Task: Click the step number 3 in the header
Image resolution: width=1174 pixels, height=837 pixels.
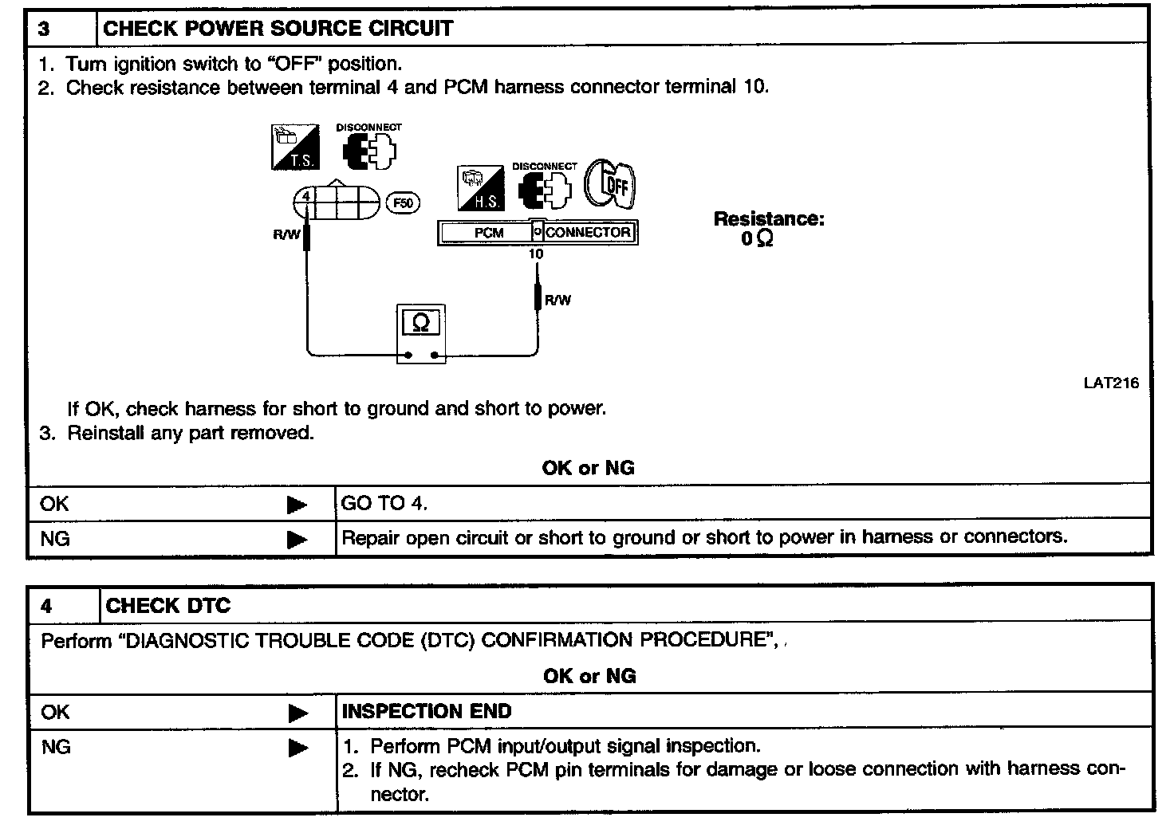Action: (45, 29)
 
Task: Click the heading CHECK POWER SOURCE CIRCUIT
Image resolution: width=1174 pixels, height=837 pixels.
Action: (278, 29)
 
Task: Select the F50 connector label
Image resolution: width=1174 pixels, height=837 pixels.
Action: (404, 203)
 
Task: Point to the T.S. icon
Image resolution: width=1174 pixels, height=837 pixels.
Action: (294, 147)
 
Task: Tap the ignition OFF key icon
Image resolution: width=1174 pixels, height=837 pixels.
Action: (611, 184)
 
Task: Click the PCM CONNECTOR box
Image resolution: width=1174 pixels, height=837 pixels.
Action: (538, 233)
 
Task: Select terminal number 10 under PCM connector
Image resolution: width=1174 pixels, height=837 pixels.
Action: (536, 254)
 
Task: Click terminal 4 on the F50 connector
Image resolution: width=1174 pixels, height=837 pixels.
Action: (305, 195)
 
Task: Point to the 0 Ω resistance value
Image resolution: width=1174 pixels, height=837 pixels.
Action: (757, 239)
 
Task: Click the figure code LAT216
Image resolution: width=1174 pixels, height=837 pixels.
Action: (1111, 383)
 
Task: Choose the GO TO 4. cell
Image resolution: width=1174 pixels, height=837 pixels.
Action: (384, 504)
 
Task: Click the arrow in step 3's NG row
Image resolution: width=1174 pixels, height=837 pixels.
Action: (297, 540)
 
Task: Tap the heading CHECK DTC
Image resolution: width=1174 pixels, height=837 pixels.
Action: (167, 606)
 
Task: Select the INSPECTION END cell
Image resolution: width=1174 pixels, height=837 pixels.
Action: (427, 711)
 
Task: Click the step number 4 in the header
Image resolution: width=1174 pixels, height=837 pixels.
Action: (46, 607)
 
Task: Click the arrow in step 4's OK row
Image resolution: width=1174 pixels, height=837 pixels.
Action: (297, 713)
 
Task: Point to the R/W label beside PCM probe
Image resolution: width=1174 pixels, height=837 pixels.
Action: (557, 301)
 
